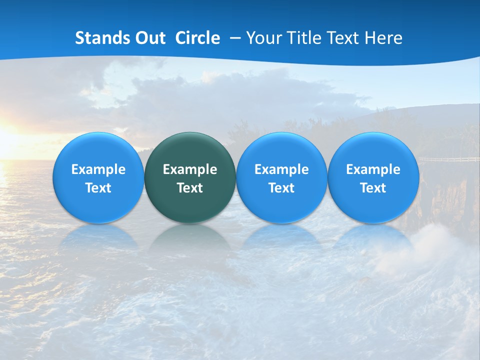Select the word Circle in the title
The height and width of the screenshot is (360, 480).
coord(197,38)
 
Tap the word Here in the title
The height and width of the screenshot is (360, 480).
coord(384,38)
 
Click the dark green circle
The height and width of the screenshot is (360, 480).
coord(190,177)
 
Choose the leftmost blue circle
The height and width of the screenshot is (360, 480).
coord(98,177)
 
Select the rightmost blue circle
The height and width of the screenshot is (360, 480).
coord(373,177)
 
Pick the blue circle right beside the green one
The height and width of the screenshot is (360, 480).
coord(281,177)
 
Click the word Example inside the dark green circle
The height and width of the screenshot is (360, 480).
coord(190,169)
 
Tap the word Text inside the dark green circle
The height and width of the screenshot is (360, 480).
coord(190,188)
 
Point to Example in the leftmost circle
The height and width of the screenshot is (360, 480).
coord(98,169)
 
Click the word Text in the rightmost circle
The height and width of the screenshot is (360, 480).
coord(373,188)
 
